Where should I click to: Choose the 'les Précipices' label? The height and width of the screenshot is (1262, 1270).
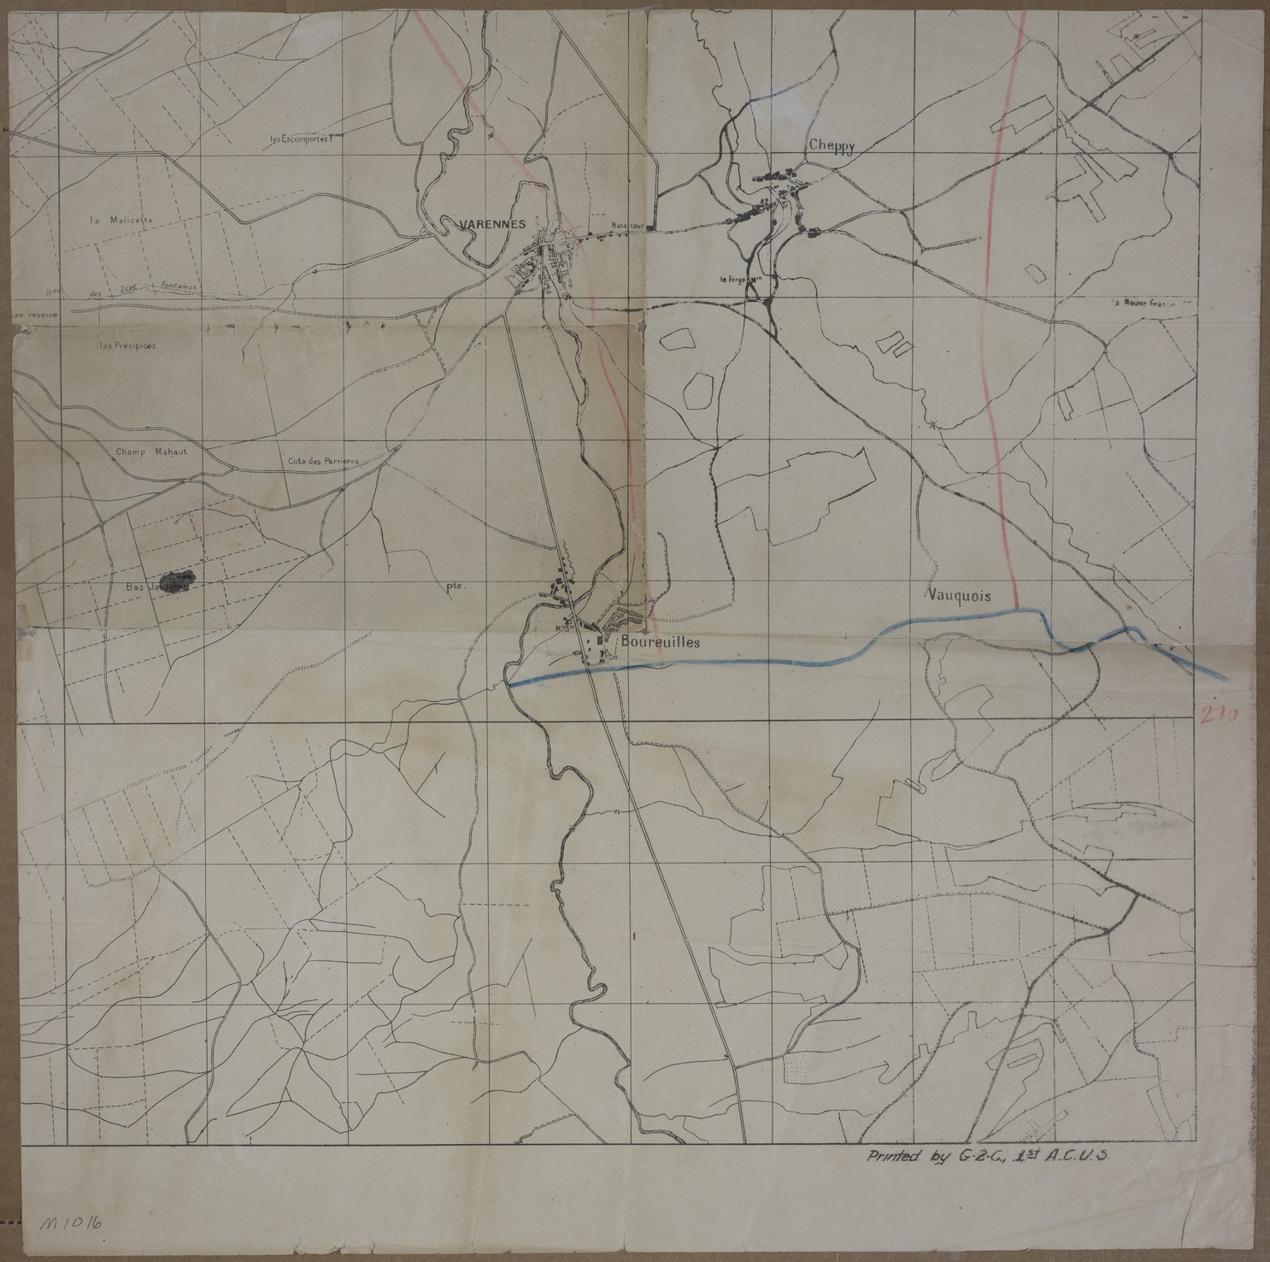click(127, 346)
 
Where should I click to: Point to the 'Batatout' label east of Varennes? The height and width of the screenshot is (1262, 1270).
click(626, 225)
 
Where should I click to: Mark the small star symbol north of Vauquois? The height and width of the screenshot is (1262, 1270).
click(932, 421)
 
